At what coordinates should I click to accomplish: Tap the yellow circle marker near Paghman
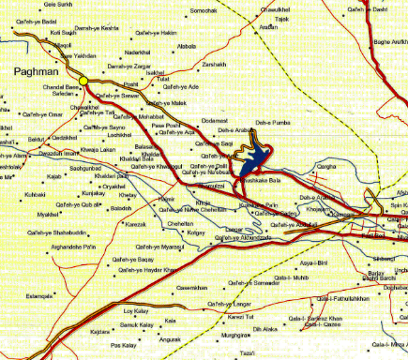tap(83, 82)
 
